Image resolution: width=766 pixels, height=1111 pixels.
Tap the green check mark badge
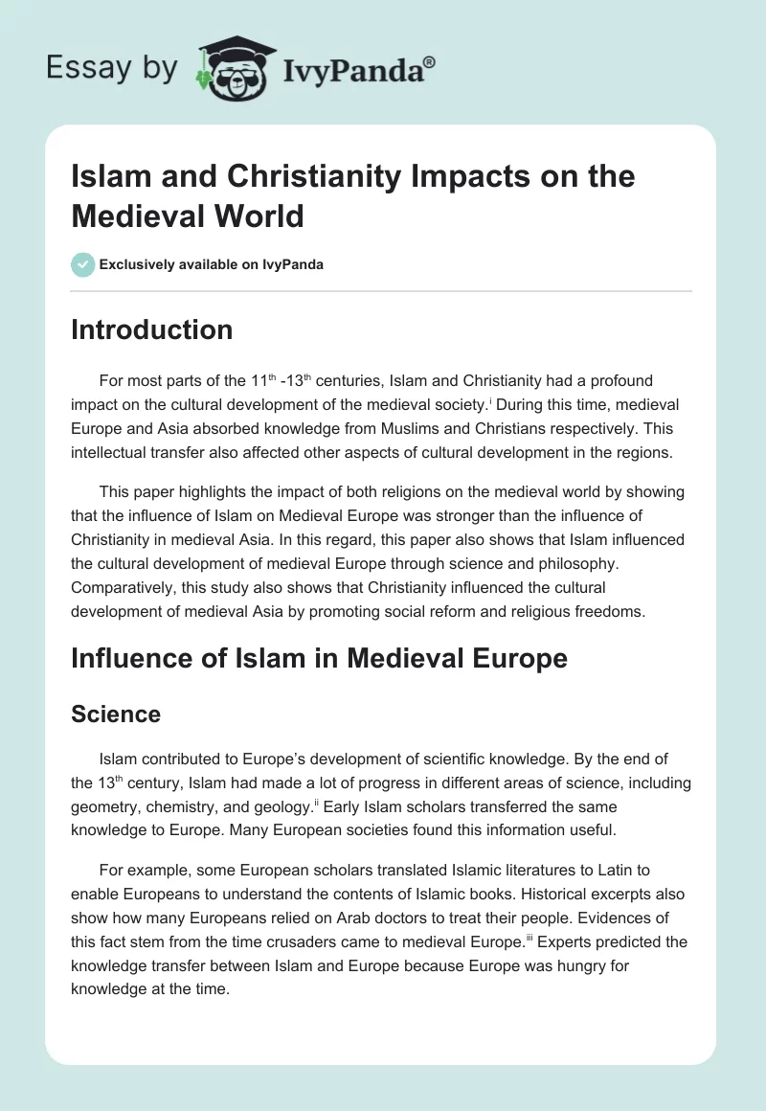tap(83, 264)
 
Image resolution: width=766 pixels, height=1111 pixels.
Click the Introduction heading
tap(151, 329)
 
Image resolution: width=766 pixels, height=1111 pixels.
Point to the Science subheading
tap(116, 714)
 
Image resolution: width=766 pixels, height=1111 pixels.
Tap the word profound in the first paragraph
tap(614, 380)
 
